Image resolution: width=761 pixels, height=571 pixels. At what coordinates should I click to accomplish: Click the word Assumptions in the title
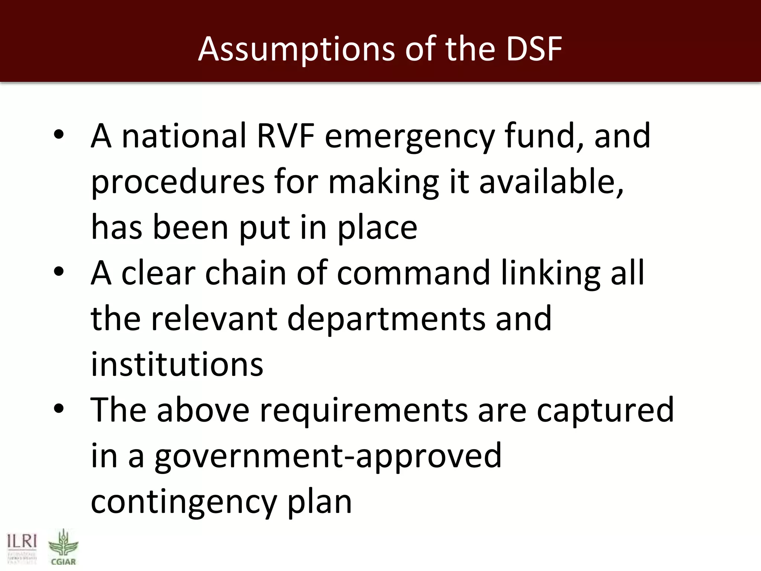(297, 49)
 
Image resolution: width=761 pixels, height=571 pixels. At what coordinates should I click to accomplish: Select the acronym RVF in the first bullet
(285, 136)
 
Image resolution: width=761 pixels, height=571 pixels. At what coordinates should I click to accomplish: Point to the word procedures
(178, 182)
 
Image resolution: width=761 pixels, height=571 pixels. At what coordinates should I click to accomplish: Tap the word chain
(246, 273)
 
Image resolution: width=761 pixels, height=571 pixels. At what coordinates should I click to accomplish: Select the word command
(414, 273)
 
